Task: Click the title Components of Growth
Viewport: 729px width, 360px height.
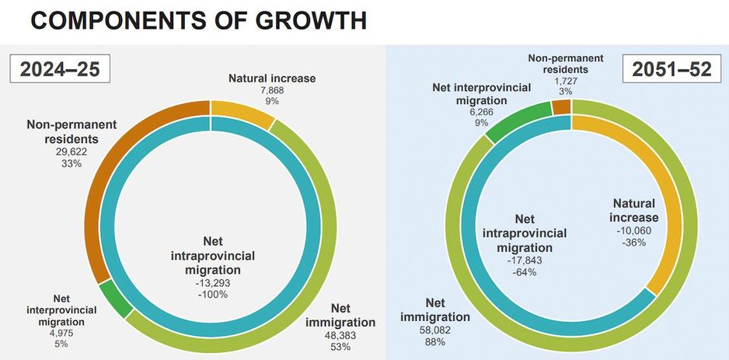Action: click(x=197, y=20)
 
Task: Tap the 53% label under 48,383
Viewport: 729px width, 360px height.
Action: click(x=339, y=348)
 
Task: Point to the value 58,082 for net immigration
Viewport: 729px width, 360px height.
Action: click(x=435, y=330)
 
